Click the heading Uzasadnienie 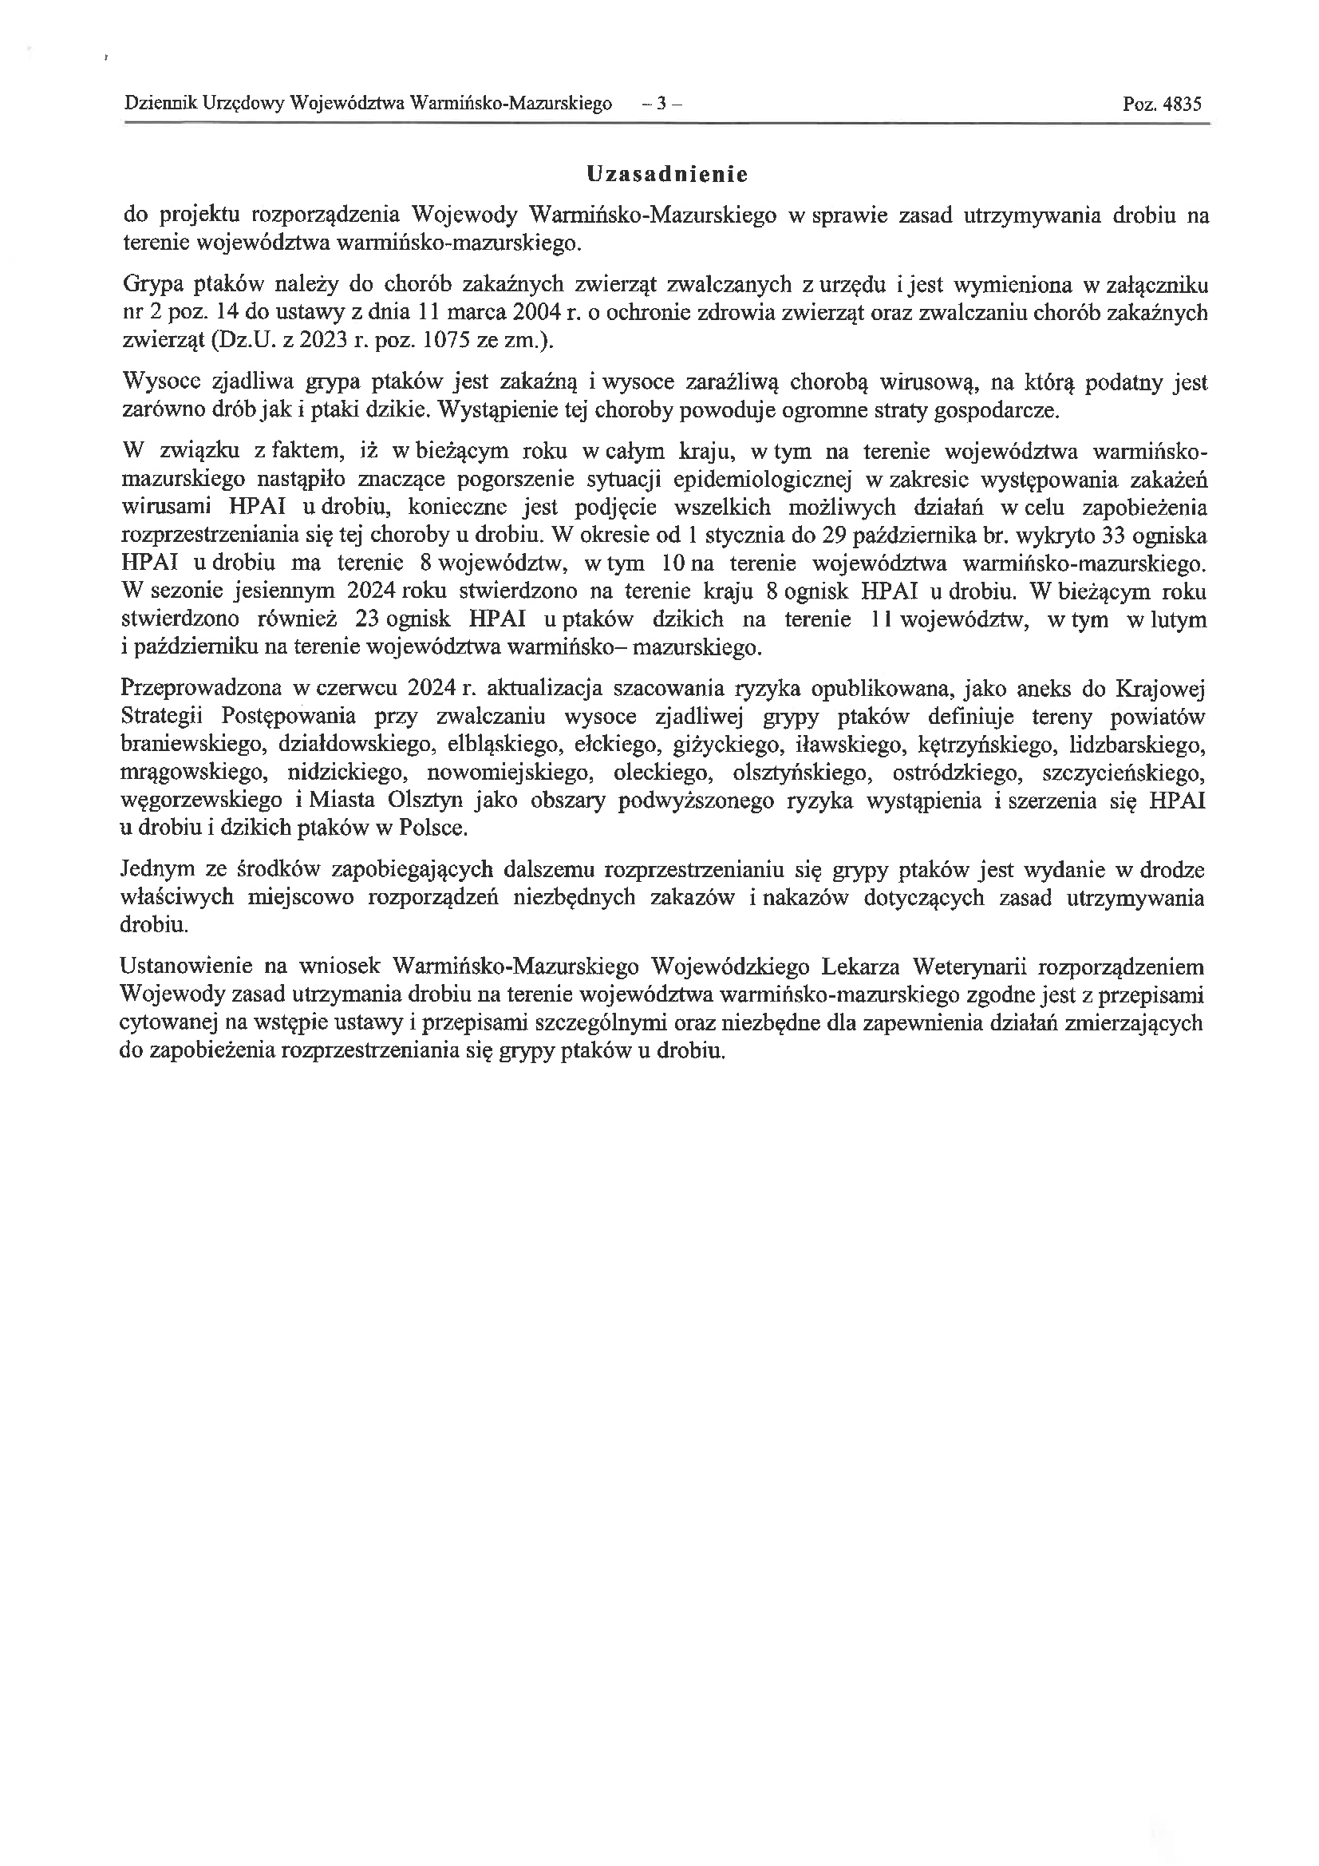pos(666,175)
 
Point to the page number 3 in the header pos(661,104)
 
